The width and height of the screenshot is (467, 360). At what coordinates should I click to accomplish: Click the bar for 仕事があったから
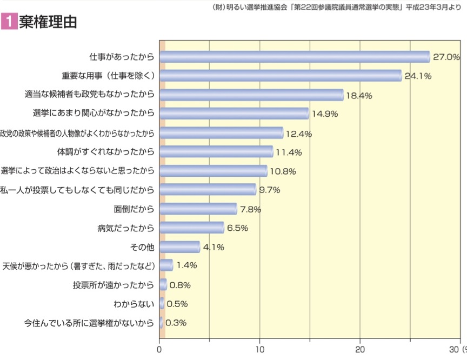coord(295,57)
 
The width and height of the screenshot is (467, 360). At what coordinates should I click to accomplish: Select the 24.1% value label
coord(418,76)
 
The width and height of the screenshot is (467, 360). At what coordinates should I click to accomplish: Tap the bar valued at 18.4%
coord(251,95)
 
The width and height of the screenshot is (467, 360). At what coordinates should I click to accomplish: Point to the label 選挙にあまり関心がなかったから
coord(94,113)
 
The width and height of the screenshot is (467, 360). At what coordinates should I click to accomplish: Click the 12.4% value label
coord(299,134)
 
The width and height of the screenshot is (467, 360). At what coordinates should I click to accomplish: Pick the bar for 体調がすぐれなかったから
coord(216,152)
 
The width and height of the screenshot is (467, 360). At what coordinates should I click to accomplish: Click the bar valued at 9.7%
coord(208,190)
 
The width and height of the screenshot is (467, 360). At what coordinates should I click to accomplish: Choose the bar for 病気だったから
coord(192,228)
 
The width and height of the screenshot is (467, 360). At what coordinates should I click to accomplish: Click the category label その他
coord(143,247)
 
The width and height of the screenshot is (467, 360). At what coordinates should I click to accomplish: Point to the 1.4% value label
coord(186,265)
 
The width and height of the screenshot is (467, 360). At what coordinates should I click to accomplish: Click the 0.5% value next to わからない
coord(177,304)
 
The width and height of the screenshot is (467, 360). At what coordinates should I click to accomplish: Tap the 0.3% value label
coord(176,323)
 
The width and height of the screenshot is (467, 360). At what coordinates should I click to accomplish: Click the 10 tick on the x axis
coord(260,349)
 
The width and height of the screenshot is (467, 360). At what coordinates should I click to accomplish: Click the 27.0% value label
coord(446,57)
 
